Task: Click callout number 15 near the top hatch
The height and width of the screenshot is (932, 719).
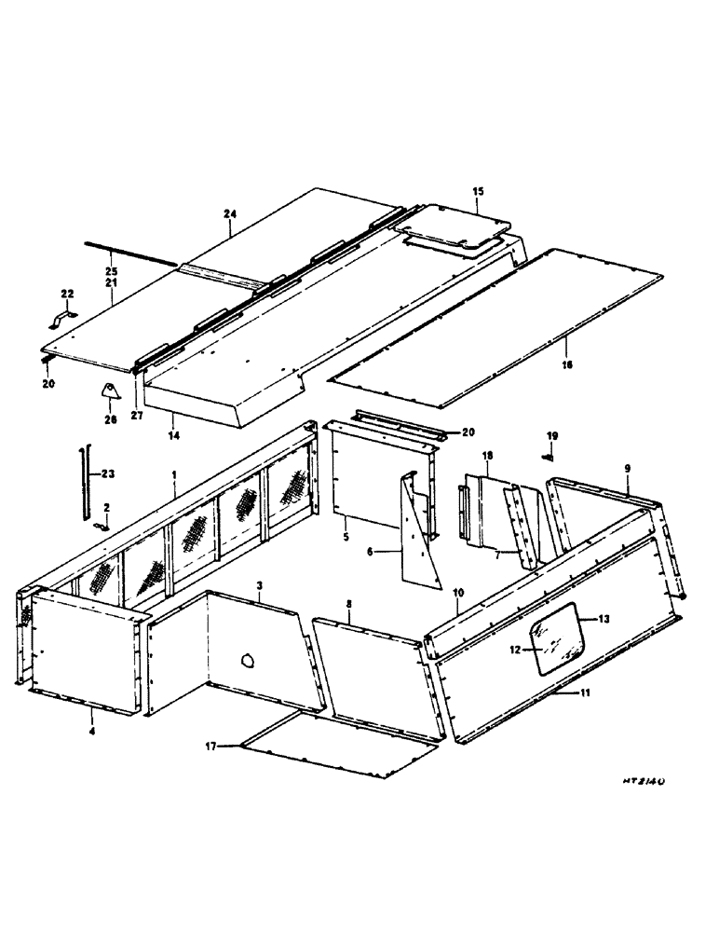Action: coord(478,191)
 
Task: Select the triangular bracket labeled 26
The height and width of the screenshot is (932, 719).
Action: coord(111,395)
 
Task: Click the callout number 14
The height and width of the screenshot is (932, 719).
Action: coord(171,434)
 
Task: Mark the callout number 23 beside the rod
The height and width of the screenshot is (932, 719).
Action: coord(107,473)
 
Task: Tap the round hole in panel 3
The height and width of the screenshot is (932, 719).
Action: coord(248,660)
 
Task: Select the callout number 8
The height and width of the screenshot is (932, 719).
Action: coord(347,605)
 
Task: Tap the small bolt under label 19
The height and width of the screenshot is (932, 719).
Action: coord(549,456)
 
